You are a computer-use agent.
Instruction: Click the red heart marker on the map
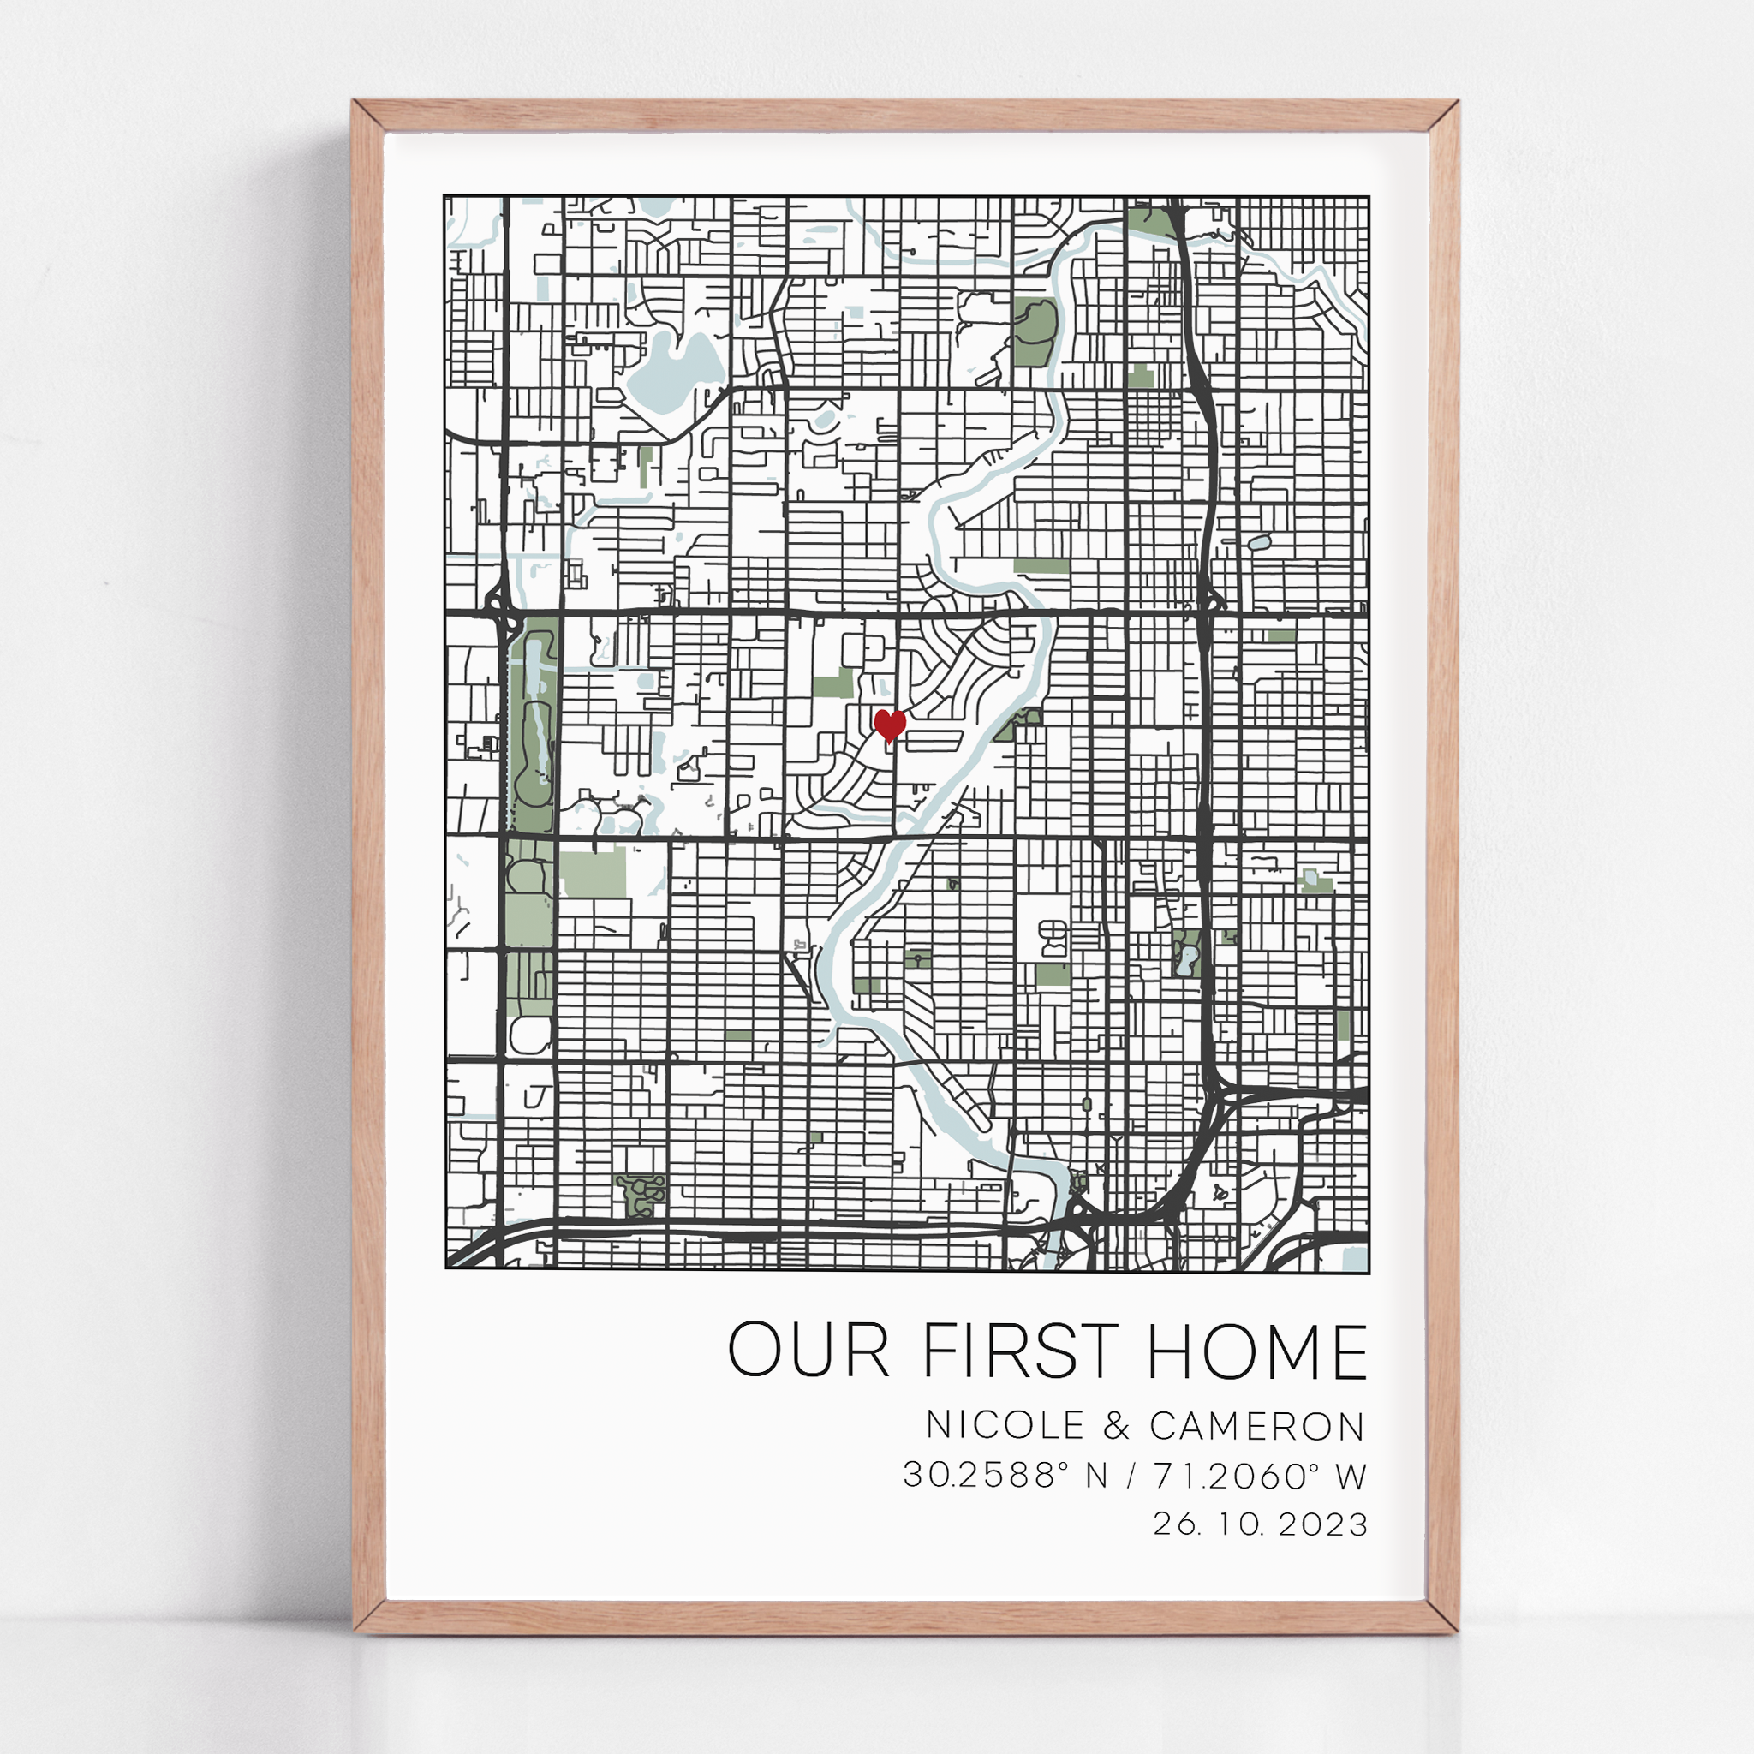(x=889, y=725)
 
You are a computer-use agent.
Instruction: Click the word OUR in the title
(x=808, y=1351)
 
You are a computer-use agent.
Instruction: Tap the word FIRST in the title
(x=1020, y=1351)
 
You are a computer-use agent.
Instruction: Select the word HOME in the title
(x=1257, y=1351)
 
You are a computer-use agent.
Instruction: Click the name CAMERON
(x=1257, y=1426)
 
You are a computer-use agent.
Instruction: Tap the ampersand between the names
(x=1117, y=1426)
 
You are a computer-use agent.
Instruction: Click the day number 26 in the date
(x=1176, y=1524)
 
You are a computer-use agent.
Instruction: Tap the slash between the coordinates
(x=1131, y=1477)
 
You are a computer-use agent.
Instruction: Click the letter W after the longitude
(x=1351, y=1477)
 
